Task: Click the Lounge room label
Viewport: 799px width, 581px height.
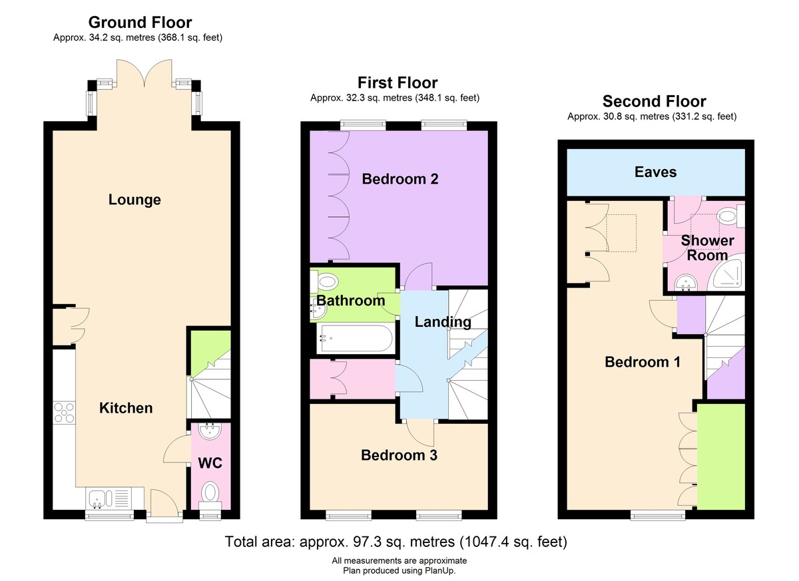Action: tap(134, 200)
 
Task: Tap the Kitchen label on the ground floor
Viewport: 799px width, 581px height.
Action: tap(126, 408)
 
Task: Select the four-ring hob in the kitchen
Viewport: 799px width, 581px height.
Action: tap(64, 413)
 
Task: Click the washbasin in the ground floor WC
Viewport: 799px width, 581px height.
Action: tap(210, 432)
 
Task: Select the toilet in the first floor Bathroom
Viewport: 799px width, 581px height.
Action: tap(324, 282)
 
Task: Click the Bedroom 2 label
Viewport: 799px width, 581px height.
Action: tap(400, 179)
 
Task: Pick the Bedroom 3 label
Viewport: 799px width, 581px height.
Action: tap(399, 455)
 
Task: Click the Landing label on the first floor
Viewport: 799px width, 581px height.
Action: tap(443, 322)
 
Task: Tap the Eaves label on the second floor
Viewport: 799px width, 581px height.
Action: tap(656, 172)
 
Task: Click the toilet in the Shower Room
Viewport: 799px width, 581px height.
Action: tap(730, 216)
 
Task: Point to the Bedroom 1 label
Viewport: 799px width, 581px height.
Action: tap(643, 362)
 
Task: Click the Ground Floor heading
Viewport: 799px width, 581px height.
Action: tap(140, 23)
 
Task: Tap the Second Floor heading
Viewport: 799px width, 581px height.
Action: tap(654, 102)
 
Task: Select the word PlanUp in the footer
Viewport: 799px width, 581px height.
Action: tap(440, 570)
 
